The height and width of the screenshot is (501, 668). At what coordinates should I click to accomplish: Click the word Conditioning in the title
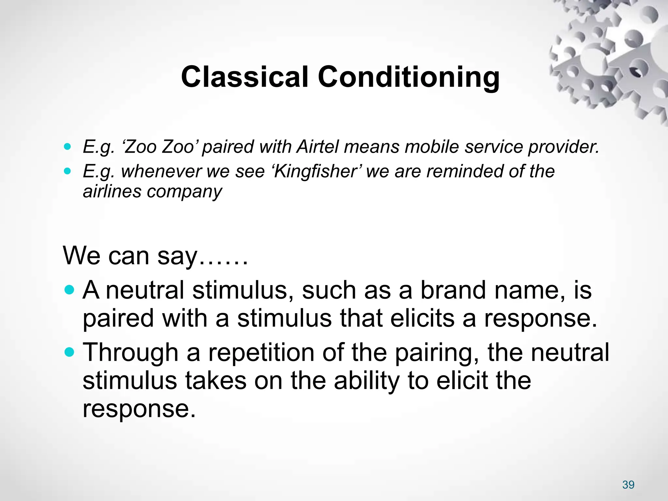point(408,78)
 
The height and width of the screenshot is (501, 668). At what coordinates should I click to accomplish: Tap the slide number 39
point(628,485)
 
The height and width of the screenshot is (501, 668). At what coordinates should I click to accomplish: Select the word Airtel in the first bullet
point(318,147)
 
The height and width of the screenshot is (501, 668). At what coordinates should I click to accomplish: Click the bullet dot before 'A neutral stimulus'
point(69,290)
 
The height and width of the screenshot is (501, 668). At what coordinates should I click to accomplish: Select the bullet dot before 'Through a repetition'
point(69,352)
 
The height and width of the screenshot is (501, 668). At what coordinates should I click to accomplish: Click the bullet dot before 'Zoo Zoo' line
point(67,146)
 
